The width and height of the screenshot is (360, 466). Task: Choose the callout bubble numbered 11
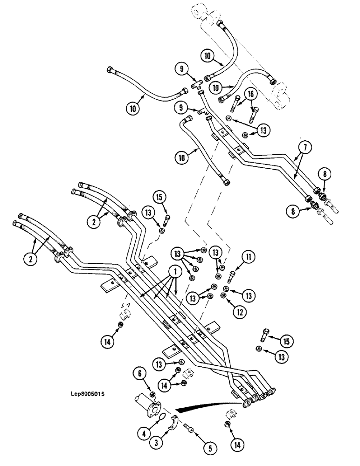[x=247, y=256]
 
